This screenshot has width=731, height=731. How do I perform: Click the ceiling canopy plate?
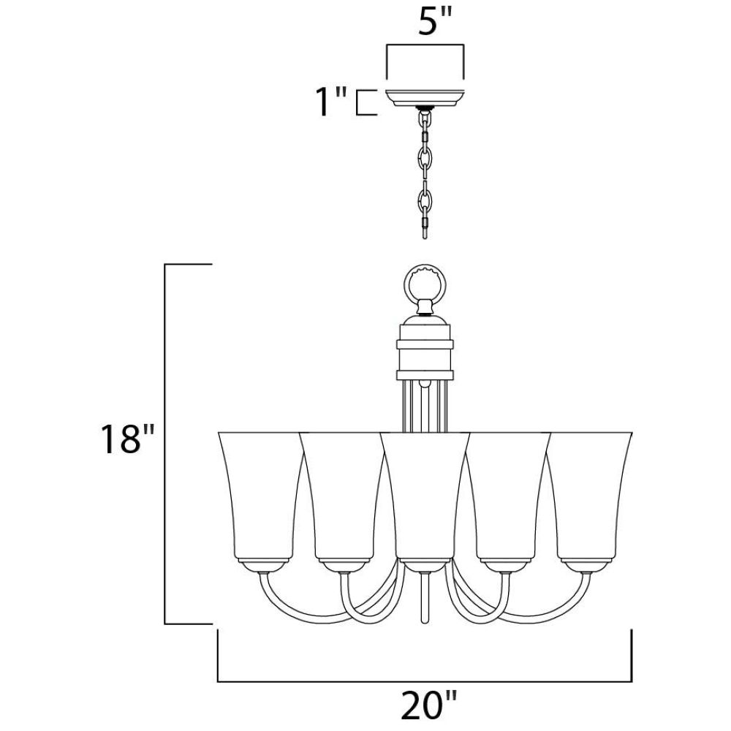[x=425, y=97]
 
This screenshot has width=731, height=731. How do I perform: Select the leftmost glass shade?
[x=261, y=496]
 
